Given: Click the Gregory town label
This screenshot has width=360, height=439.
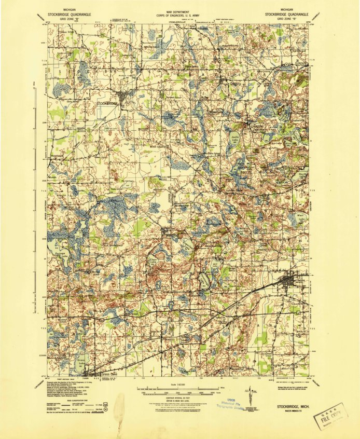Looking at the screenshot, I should click(237, 83).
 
